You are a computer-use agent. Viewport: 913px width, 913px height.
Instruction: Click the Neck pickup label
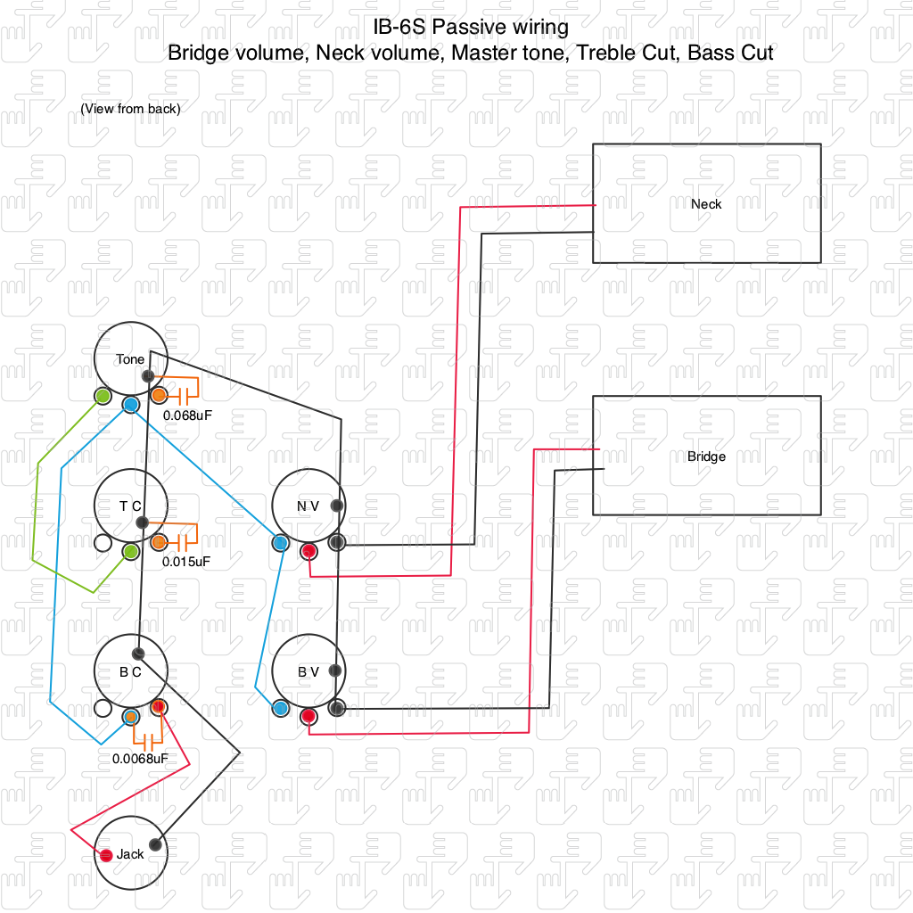click(x=706, y=204)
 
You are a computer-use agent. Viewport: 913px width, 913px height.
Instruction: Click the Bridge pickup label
click(x=706, y=456)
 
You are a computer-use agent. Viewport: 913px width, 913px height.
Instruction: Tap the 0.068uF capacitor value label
click(x=187, y=415)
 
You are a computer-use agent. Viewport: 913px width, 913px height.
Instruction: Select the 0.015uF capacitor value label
click(x=186, y=562)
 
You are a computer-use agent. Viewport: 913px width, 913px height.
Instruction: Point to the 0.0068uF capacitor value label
click(x=140, y=759)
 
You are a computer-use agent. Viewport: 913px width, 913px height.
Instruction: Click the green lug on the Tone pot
click(x=103, y=395)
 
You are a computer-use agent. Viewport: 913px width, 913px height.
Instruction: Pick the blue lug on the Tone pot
click(x=130, y=405)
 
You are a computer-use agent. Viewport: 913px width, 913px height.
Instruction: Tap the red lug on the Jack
click(x=106, y=856)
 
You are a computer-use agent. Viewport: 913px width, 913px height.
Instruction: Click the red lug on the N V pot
click(x=308, y=551)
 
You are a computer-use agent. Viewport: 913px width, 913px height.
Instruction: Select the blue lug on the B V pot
click(x=281, y=708)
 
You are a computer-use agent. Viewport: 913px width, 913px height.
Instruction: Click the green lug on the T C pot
click(x=131, y=551)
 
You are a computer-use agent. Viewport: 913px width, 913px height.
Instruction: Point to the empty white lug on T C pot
click(x=103, y=542)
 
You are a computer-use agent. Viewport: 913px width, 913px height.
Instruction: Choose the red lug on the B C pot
click(x=159, y=707)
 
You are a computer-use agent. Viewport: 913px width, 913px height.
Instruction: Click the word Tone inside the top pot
click(x=130, y=359)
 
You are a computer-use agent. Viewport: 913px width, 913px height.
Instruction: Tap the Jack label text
click(x=130, y=854)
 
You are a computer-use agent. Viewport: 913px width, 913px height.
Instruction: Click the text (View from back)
click(x=130, y=109)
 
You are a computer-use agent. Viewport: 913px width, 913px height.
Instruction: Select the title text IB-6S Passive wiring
click(x=471, y=27)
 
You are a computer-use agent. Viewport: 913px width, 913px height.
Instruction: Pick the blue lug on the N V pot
click(x=281, y=542)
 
